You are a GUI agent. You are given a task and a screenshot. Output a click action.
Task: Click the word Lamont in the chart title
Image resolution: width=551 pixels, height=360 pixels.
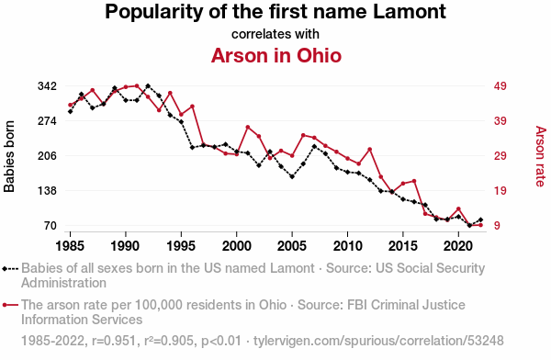click(x=410, y=12)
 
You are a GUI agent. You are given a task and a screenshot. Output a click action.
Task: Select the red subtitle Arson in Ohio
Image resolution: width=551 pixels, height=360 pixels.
click(x=276, y=55)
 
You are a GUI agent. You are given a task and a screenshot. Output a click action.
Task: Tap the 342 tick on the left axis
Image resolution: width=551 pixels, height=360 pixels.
click(x=48, y=86)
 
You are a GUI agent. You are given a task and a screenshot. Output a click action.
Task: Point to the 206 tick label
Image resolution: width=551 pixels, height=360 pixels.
click(x=48, y=156)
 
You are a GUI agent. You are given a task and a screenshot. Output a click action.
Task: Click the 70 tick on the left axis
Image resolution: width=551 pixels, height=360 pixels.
click(x=51, y=226)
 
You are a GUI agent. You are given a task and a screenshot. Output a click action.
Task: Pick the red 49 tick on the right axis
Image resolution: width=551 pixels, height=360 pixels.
click(x=500, y=86)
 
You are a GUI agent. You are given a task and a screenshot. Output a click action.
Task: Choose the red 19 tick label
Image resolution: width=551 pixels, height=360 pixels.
click(x=500, y=191)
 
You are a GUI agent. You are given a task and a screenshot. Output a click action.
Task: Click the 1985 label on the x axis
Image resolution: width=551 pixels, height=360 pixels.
click(x=70, y=246)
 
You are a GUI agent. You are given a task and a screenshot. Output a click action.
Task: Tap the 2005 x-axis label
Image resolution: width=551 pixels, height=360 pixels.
click(x=292, y=246)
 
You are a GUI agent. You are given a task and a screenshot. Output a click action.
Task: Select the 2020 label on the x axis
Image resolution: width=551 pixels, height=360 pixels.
click(x=458, y=246)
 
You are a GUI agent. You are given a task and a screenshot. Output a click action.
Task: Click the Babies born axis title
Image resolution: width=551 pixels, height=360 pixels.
click(x=9, y=156)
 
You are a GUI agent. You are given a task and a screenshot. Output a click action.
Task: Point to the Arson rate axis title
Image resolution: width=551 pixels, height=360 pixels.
click(x=541, y=156)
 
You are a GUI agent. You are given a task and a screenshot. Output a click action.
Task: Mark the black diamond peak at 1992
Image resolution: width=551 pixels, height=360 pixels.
click(x=148, y=85)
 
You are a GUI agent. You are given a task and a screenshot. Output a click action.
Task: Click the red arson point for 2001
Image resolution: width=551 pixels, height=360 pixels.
click(x=248, y=127)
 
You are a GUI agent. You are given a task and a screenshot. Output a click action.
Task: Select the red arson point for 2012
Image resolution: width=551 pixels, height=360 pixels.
click(x=370, y=150)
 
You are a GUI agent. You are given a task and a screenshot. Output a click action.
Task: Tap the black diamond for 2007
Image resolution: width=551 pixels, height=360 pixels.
click(x=314, y=146)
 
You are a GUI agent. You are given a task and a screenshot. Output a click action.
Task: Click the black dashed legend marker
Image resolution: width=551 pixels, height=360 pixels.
click(x=10, y=269)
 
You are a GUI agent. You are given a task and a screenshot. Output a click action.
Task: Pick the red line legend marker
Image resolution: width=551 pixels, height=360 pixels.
click(x=10, y=305)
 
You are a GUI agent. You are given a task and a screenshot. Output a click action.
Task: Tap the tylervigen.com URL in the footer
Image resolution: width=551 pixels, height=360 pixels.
click(x=378, y=341)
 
